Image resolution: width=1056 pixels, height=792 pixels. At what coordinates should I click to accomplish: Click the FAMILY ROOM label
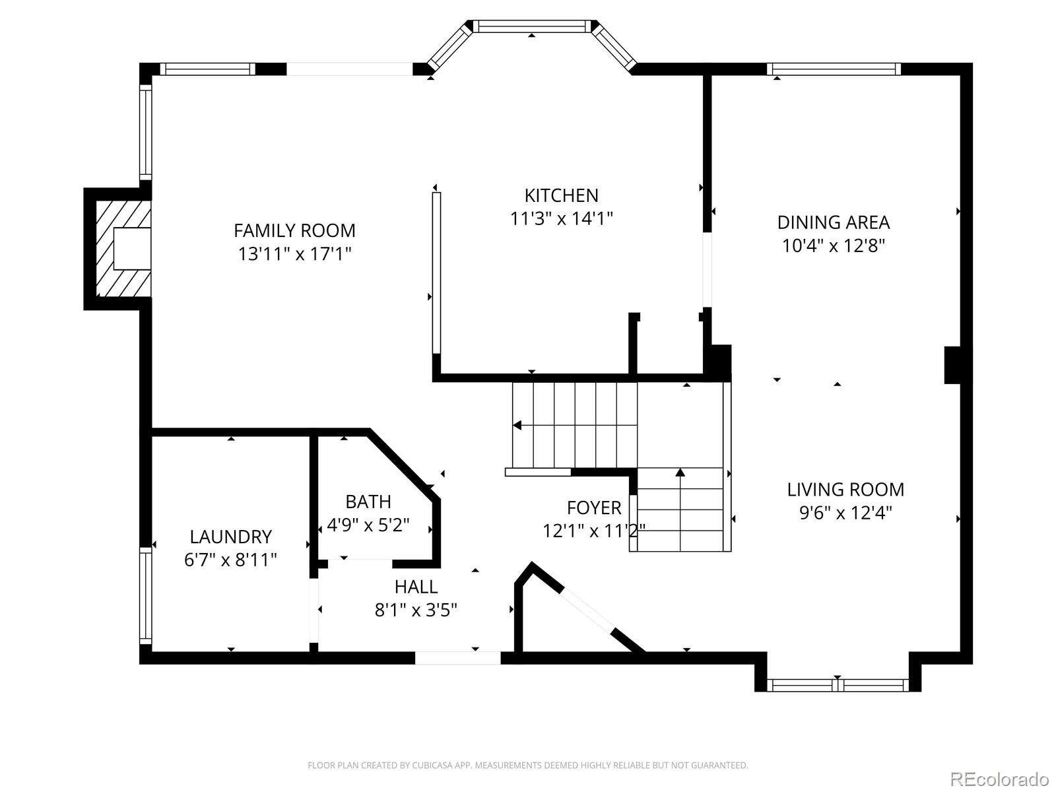(x=294, y=231)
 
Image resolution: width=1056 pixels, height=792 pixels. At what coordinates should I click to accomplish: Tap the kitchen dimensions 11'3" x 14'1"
(x=562, y=219)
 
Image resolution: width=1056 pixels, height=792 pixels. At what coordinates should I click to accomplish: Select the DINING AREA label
(x=834, y=222)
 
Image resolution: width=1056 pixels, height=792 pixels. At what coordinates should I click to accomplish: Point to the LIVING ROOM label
(x=845, y=490)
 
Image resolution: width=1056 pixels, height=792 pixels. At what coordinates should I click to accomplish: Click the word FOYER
(x=593, y=508)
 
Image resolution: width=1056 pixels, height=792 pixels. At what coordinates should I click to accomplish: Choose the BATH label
(x=368, y=502)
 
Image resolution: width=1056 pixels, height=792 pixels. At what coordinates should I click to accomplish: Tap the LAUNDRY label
(x=231, y=537)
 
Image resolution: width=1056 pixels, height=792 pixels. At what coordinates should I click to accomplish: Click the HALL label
(x=416, y=587)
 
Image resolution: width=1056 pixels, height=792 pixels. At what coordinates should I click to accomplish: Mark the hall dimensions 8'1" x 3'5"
(x=416, y=610)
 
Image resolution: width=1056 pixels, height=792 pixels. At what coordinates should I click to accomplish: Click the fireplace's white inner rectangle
(x=132, y=249)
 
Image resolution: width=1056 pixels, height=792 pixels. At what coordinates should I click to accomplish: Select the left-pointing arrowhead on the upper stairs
(x=517, y=425)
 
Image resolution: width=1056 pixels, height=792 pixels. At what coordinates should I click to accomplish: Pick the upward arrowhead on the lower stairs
(x=680, y=472)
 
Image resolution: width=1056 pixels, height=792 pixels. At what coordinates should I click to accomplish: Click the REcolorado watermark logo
(x=1000, y=778)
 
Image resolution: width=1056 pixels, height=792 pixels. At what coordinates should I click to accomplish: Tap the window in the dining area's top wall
(x=834, y=69)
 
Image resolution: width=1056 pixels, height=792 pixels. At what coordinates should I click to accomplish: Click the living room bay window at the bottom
(x=838, y=685)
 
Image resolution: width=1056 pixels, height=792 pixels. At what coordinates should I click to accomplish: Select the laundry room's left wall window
(x=146, y=595)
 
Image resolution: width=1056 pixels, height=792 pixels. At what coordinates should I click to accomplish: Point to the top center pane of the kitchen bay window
(x=531, y=26)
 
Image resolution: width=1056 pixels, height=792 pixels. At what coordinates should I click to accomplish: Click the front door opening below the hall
(x=457, y=658)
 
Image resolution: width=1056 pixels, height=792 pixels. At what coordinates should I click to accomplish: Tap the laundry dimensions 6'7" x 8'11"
(x=231, y=560)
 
